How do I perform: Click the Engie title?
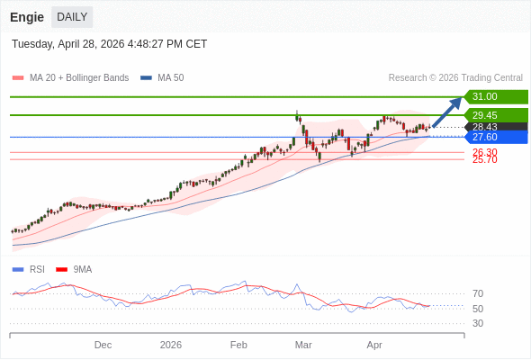27,17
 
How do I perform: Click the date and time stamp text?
109,44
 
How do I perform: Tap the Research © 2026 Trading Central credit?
455,78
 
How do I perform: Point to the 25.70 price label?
485,160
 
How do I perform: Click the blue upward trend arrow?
447,112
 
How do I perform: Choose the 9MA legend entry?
82,269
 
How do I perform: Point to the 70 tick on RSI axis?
478,293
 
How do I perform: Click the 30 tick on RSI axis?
478,323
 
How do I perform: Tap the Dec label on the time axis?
103,345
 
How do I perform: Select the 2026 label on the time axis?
171,345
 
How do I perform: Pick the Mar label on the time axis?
303,345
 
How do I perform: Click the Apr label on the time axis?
374,345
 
